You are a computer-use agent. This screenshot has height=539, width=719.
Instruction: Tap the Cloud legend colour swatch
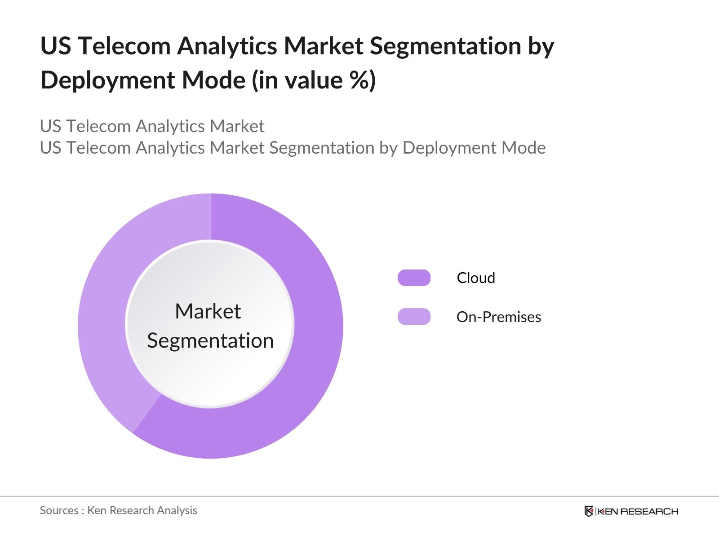pyautogui.click(x=414, y=278)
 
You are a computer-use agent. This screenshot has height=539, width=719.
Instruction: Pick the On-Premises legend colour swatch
pyautogui.click(x=414, y=317)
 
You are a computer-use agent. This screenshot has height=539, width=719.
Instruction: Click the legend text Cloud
pyautogui.click(x=476, y=278)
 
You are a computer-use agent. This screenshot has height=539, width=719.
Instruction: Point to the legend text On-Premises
pyautogui.click(x=498, y=317)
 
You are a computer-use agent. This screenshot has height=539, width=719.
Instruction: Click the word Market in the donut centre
pyautogui.click(x=208, y=311)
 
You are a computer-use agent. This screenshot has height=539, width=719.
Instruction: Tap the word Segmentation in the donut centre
pyautogui.click(x=210, y=340)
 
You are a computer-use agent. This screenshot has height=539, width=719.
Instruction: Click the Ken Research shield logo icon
pyautogui.click(x=589, y=511)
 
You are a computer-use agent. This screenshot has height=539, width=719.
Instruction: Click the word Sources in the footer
pyautogui.click(x=59, y=510)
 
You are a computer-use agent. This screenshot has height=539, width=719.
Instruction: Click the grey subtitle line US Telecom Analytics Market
pyautogui.click(x=152, y=126)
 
